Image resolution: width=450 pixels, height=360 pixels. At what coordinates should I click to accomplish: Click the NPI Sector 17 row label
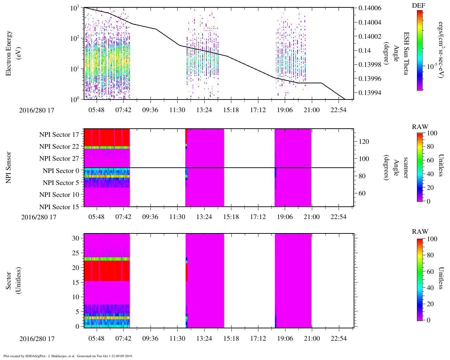pos(59,135)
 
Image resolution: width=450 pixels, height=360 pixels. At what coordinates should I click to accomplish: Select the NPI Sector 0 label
pos(61,171)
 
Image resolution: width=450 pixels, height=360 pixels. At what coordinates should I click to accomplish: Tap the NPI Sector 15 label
pos(59,207)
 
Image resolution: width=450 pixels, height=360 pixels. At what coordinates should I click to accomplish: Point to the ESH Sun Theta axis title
pos(406,53)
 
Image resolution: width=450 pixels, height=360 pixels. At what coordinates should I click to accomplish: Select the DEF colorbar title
pos(418,6)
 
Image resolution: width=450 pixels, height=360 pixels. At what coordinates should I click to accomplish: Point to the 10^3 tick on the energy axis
pos(75,8)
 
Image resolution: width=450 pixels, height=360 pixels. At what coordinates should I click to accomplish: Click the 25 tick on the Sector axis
pos(75,253)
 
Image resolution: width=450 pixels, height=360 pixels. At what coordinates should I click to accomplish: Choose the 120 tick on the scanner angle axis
pos(364,142)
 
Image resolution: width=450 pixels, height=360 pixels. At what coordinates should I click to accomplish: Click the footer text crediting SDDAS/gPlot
pos(68,356)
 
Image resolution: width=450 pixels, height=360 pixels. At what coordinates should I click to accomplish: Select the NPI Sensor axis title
pos(9,167)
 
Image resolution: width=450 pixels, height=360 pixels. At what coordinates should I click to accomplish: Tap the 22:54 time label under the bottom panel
pos(339,339)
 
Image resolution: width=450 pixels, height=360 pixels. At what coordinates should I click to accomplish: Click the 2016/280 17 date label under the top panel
pos(37,110)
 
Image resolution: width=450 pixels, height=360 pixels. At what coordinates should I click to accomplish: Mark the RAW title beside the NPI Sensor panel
pos(420,127)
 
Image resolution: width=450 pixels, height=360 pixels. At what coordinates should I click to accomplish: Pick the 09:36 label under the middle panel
pos(150,217)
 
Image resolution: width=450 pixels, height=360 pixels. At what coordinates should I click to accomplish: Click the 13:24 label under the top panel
pos(204,110)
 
